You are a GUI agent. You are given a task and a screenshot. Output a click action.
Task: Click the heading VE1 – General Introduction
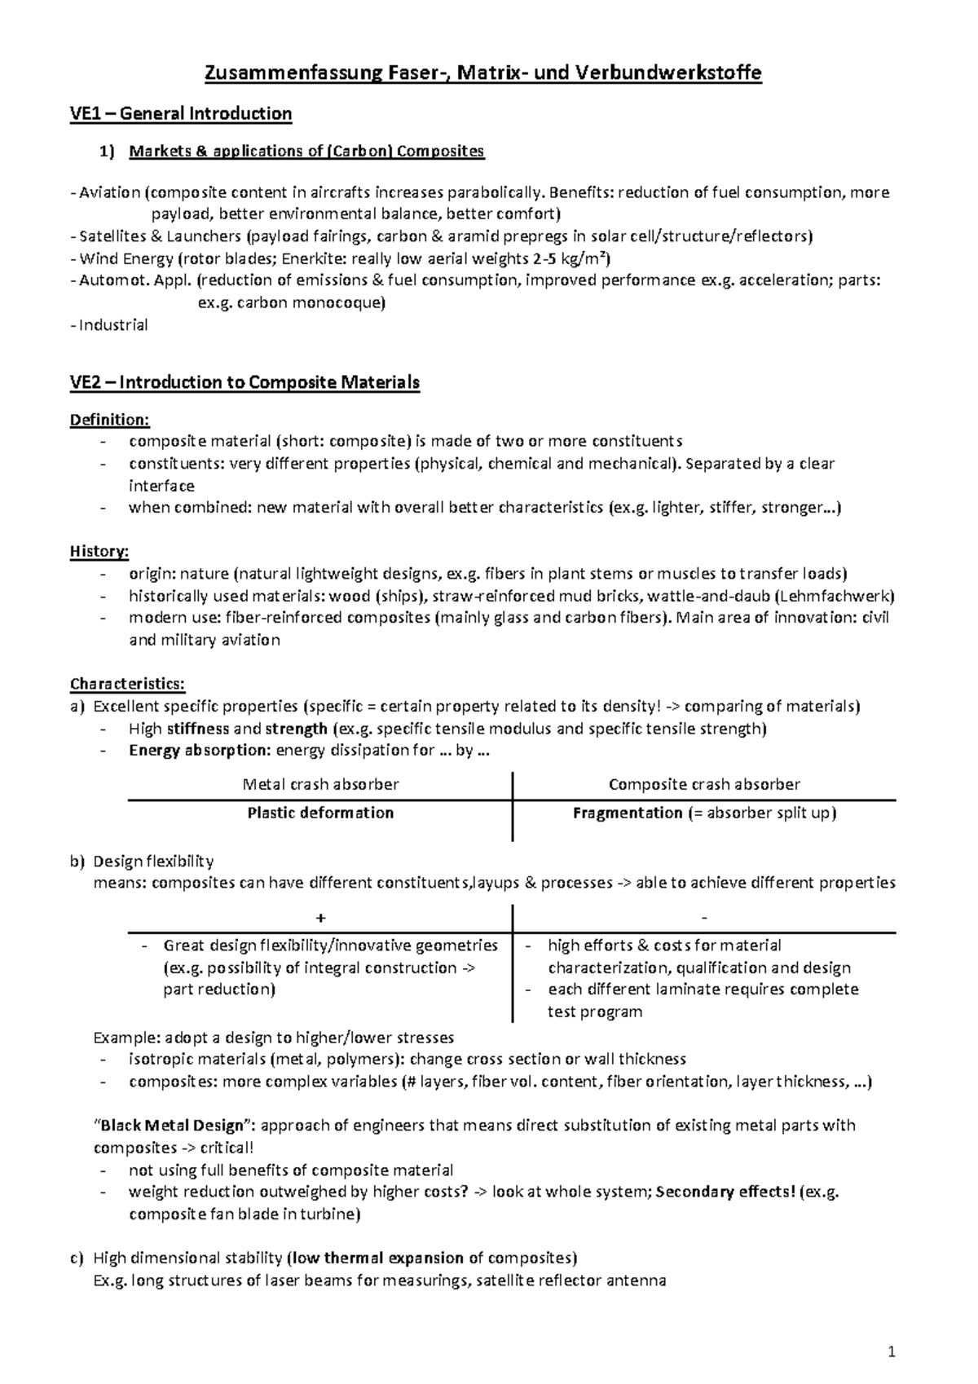pyautogui.click(x=181, y=113)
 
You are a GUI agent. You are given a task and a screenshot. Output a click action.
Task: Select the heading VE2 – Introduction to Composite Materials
pyautogui.click(x=244, y=382)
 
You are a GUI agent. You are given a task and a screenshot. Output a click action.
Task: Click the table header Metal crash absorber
pyautogui.click(x=320, y=784)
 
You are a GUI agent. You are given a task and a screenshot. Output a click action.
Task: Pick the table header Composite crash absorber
pyautogui.click(x=704, y=784)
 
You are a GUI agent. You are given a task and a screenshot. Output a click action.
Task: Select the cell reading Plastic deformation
pyautogui.click(x=320, y=813)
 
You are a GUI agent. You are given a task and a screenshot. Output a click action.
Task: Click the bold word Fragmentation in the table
pyautogui.click(x=628, y=813)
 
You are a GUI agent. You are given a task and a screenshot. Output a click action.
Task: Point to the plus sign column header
pyautogui.click(x=320, y=918)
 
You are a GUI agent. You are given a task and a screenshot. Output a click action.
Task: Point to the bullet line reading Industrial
pyautogui.click(x=113, y=324)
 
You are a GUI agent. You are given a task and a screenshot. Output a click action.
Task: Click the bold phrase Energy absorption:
pyautogui.click(x=200, y=750)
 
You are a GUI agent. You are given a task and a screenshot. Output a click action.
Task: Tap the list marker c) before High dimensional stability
pyautogui.click(x=77, y=1258)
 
